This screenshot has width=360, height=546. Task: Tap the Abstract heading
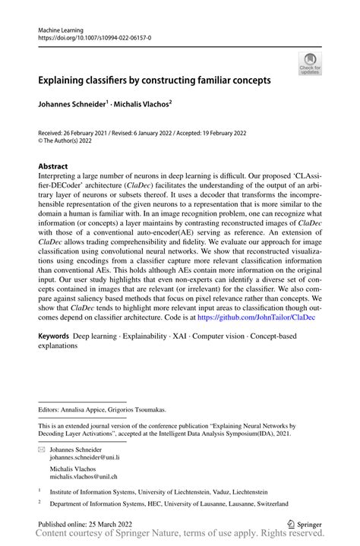point(52,166)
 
